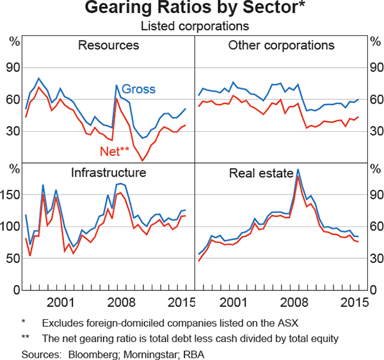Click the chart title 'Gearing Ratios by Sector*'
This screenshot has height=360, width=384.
coord(192,10)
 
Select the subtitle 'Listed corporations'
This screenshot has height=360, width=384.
coord(192,26)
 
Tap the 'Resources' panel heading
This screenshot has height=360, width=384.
coord(108,45)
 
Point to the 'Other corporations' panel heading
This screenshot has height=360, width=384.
coord(281,45)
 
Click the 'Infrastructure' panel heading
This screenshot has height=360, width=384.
coord(108,172)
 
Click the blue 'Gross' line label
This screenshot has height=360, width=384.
coord(138,89)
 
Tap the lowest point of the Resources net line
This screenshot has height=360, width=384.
coord(142,160)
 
